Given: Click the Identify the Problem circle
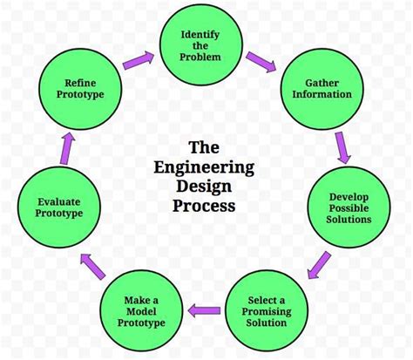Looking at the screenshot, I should click(x=200, y=44).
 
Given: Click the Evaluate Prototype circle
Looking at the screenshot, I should click(x=52, y=207).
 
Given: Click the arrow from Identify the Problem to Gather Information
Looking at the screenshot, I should click(x=260, y=61).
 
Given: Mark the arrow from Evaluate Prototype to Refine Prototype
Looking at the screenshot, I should click(x=63, y=148).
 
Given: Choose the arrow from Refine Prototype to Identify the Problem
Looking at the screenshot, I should click(x=138, y=60).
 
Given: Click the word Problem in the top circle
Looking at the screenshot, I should click(x=200, y=57).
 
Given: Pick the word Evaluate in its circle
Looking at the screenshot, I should click(x=53, y=200).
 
